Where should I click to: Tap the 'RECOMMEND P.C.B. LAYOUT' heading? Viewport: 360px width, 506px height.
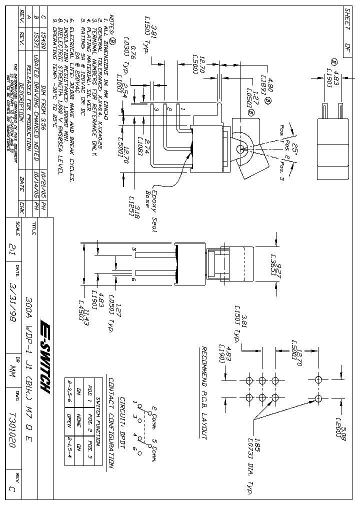point(203,392)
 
